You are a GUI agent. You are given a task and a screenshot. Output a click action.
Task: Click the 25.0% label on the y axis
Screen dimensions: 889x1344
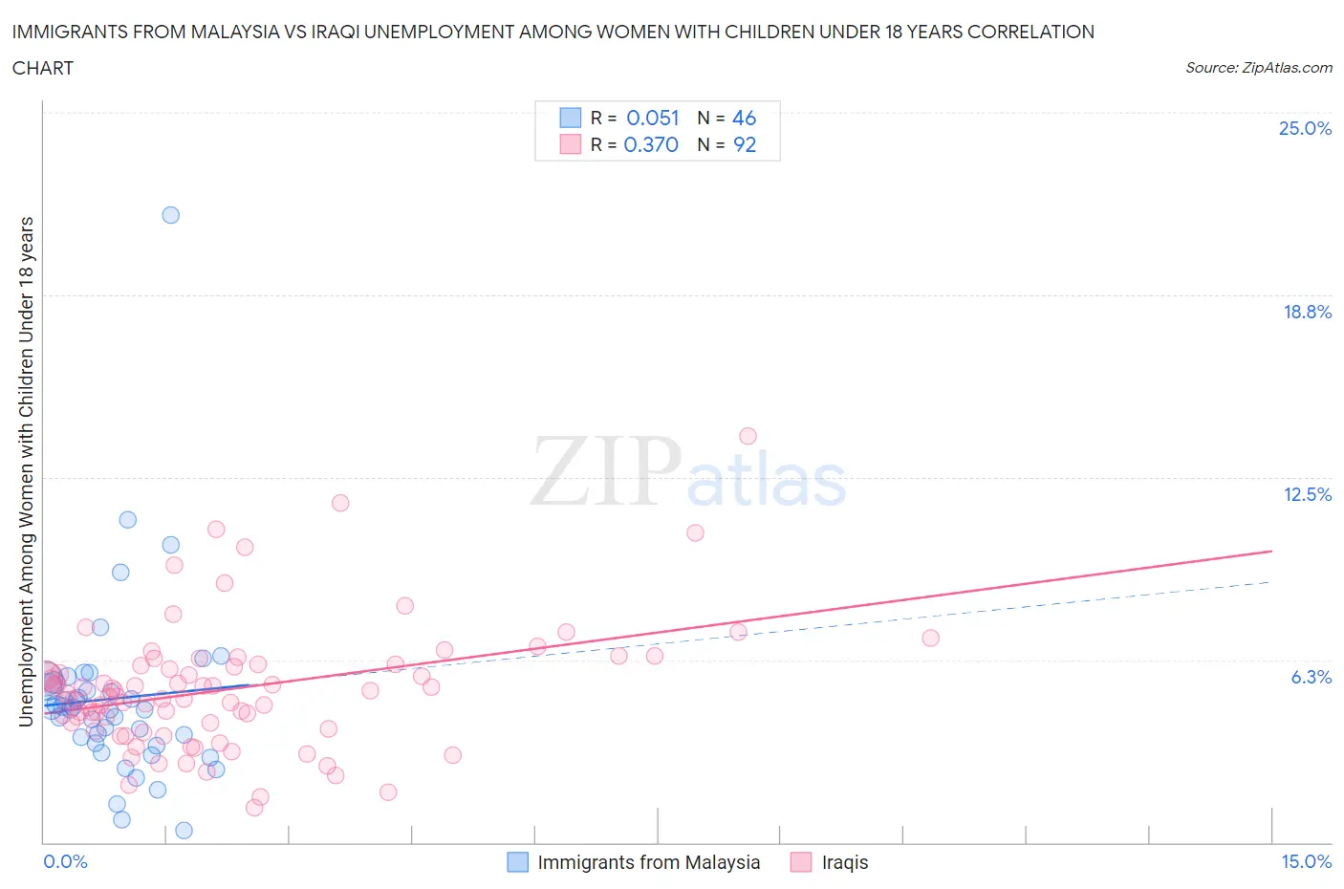[x=1305, y=129]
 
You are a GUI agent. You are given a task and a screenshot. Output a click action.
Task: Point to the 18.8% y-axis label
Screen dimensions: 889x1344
[x=1307, y=312]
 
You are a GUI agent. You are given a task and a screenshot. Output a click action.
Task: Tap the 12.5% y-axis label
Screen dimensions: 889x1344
[x=1307, y=494]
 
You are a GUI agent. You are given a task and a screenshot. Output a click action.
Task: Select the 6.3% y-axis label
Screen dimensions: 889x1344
[x=1311, y=677]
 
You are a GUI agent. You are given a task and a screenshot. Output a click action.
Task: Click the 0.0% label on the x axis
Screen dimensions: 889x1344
[x=66, y=861]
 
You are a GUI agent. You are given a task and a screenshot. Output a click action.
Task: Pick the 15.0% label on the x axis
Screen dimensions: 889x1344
[x=1306, y=861]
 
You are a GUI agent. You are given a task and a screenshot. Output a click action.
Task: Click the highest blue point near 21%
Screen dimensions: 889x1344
[x=170, y=215]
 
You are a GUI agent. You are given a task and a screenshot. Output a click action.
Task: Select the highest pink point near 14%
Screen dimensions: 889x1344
[x=748, y=436]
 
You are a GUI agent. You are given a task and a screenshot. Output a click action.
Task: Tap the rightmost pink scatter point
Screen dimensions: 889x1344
[x=930, y=638]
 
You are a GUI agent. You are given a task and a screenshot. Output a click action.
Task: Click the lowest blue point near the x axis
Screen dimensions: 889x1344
[x=184, y=830]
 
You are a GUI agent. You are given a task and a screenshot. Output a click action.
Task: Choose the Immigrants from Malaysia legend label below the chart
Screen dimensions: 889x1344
[x=648, y=862]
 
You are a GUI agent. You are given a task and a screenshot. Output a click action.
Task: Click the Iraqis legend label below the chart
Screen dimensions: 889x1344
[x=845, y=862]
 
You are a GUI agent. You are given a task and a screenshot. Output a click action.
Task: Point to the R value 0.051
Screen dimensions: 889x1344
[x=652, y=118]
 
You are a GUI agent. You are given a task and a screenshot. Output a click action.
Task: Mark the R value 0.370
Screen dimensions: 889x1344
[x=651, y=144]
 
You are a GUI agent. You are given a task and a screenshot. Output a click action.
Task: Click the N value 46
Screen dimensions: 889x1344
[x=744, y=118]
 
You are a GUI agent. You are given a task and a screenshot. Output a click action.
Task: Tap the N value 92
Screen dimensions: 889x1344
[x=744, y=144]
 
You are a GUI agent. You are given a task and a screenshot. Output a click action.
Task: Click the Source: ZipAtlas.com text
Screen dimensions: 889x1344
[x=1258, y=68]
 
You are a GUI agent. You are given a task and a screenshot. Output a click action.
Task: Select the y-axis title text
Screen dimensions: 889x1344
[x=27, y=471]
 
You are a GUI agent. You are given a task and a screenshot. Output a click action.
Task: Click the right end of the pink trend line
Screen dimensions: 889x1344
[x=1271, y=551]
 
